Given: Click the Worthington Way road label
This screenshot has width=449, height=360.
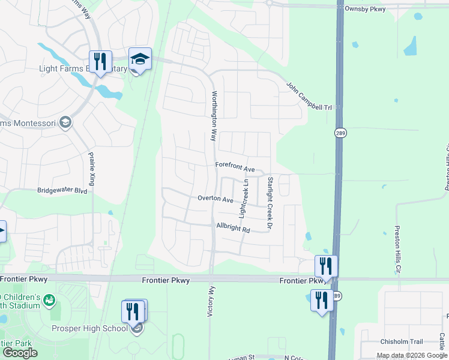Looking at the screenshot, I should (213, 116).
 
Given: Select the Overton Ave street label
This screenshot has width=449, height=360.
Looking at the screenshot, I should (215, 199).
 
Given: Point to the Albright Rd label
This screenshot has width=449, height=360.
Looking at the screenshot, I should (233, 229).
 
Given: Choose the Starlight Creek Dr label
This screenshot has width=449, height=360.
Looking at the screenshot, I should (270, 203).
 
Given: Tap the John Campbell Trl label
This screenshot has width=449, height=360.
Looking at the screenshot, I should (309, 96).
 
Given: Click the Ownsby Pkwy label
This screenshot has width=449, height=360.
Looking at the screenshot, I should (366, 9).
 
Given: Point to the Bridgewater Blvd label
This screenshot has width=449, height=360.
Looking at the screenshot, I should (62, 191).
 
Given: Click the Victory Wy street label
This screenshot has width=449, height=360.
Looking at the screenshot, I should (210, 305).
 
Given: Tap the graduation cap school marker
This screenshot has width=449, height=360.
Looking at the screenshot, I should (140, 59).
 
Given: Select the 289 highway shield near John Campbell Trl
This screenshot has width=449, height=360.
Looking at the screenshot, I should (339, 131).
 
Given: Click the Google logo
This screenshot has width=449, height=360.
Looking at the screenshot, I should (20, 353).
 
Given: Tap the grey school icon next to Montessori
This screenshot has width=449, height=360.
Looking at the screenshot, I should (65, 123).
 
